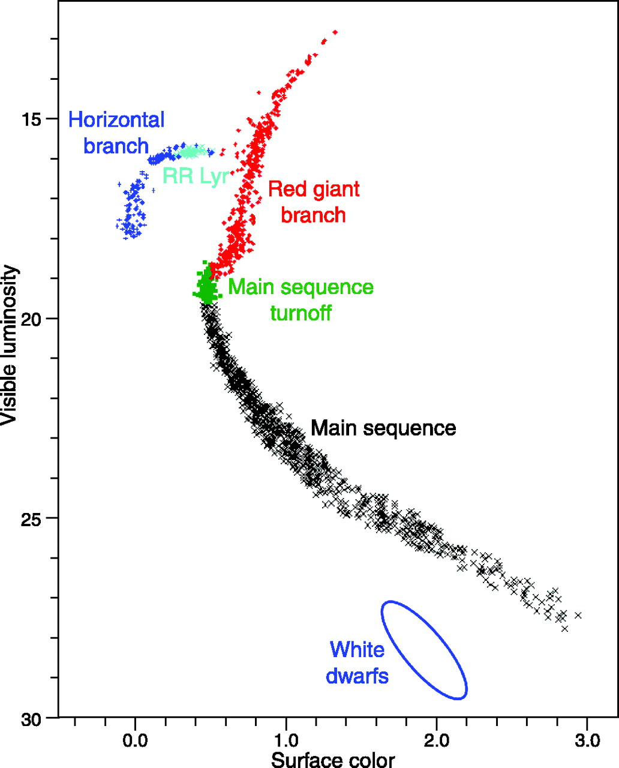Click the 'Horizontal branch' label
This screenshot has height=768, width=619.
(x=116, y=133)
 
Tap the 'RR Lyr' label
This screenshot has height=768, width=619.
(x=196, y=176)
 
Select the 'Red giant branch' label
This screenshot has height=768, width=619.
(x=314, y=202)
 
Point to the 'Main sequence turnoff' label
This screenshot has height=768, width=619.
(x=301, y=299)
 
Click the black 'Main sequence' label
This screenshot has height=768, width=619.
(x=383, y=428)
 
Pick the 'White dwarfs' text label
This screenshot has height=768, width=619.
(x=357, y=662)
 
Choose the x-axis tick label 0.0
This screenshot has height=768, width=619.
(x=135, y=740)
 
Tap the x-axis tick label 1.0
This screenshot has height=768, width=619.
(x=286, y=740)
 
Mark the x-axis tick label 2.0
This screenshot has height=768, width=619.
(x=437, y=740)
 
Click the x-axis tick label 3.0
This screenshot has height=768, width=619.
(x=587, y=740)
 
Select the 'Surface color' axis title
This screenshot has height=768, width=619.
(x=333, y=760)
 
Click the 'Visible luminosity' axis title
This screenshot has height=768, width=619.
(x=10, y=346)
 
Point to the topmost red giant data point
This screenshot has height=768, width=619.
(x=335, y=32)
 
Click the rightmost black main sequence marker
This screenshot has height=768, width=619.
(x=578, y=615)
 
